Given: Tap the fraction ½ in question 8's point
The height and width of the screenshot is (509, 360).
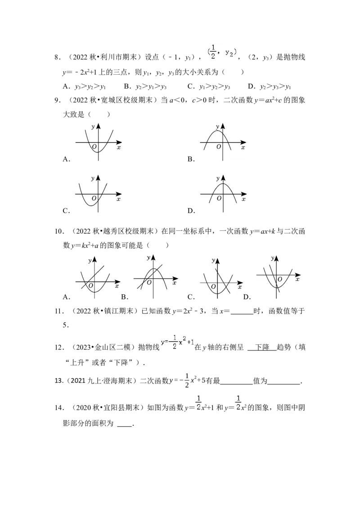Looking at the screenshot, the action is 213,52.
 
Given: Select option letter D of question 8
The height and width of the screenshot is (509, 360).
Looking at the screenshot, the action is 251,86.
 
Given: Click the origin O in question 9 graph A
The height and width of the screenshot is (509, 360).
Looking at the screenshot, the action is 94,147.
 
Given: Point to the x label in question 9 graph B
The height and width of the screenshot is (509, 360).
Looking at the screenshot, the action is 243,147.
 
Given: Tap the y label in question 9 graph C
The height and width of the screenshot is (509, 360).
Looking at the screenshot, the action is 93,178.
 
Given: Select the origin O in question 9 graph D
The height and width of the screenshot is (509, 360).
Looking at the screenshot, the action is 219,198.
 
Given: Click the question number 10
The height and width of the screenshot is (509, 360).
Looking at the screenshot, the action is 58,232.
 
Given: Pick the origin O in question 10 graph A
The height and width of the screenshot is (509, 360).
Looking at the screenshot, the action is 90,286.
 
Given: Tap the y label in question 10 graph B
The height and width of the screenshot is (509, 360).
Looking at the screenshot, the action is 148,258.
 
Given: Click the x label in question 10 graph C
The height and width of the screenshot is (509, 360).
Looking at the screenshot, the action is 240,287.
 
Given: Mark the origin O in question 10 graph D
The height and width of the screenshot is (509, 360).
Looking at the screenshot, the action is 279,279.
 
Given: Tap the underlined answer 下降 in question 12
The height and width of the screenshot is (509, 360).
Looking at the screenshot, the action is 262,347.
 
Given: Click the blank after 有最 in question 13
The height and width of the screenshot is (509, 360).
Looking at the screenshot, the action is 237,384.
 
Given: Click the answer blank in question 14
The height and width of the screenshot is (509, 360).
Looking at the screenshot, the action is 125,426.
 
